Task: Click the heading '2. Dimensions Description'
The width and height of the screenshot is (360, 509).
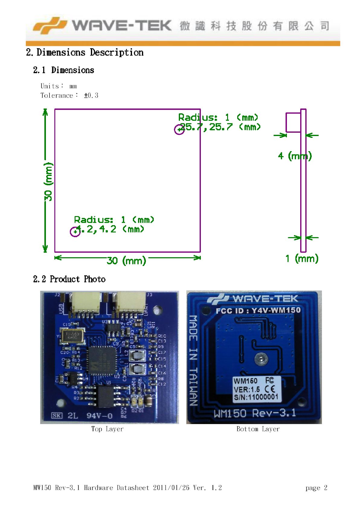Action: click(85, 53)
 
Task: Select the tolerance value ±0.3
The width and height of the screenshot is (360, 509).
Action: click(91, 96)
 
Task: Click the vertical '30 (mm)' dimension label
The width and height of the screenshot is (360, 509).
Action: click(48, 181)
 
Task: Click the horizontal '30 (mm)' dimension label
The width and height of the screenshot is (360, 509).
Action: click(126, 260)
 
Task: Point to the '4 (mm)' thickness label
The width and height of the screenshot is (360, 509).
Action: click(294, 156)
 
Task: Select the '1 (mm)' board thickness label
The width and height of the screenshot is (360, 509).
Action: click(302, 258)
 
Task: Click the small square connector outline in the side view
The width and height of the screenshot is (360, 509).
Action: click(293, 122)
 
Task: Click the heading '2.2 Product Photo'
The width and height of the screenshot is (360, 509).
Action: click(69, 279)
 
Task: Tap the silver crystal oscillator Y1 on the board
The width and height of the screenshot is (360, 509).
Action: click(72, 336)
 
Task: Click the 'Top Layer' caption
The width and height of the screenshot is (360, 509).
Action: click(107, 429)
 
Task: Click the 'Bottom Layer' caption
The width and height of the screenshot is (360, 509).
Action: click(258, 429)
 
